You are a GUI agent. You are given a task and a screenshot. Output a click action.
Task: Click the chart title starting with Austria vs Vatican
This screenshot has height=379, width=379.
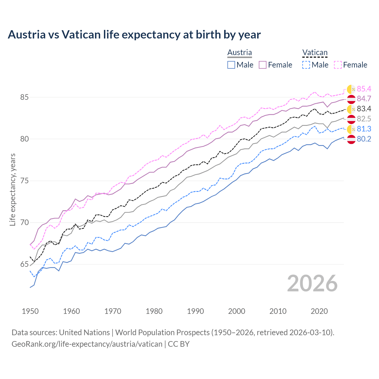[x=134, y=35]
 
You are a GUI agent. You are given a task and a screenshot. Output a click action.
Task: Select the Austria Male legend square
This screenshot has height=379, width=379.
[x=231, y=65]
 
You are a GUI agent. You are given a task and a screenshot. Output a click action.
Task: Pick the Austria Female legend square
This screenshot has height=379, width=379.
[x=263, y=65]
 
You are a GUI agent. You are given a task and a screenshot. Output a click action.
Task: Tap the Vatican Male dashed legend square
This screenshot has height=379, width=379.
[x=306, y=65]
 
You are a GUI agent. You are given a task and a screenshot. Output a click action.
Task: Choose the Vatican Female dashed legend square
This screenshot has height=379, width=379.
[x=338, y=65]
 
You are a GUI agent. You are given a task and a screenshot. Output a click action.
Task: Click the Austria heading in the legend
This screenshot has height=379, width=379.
[x=240, y=52]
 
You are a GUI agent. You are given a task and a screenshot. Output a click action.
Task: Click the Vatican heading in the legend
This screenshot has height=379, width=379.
[x=315, y=52]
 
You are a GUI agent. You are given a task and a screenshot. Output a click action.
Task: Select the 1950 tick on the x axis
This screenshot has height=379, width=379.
[x=30, y=311]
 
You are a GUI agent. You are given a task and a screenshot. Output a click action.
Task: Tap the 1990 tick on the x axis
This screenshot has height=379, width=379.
[x=195, y=311]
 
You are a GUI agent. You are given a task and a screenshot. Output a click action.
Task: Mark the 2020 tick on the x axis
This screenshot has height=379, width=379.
[x=319, y=311]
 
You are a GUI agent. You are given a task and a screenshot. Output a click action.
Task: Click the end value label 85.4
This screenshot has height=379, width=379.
[x=364, y=89]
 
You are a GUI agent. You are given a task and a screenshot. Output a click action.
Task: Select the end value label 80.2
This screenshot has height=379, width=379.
[x=364, y=139]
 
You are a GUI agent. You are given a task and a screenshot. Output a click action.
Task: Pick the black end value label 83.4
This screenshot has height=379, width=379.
[x=364, y=109]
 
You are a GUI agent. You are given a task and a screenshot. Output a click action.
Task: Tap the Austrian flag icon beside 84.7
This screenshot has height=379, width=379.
[x=351, y=99]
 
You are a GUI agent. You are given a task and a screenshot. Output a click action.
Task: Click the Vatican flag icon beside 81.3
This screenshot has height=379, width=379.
[x=351, y=129]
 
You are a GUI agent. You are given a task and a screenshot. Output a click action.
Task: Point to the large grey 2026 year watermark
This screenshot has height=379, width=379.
[x=312, y=283]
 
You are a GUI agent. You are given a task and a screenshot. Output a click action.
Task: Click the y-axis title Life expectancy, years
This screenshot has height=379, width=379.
[x=12, y=189]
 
